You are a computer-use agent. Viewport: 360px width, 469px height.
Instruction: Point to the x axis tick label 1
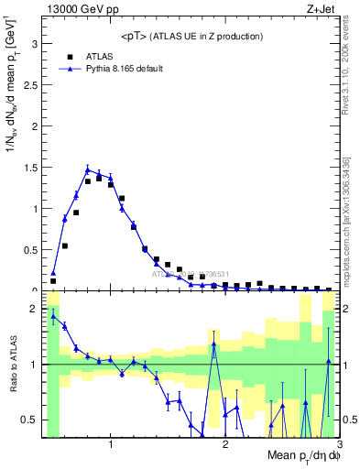[111, 444]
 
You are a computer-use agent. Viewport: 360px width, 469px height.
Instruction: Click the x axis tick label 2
[225, 444]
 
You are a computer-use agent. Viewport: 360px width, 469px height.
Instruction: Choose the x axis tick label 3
[338, 444]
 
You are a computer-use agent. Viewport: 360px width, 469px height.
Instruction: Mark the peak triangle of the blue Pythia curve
[88, 169]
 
